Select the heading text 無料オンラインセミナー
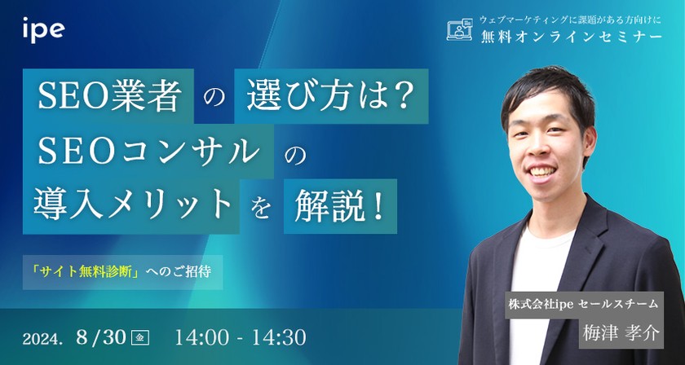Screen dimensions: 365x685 [572, 38]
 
